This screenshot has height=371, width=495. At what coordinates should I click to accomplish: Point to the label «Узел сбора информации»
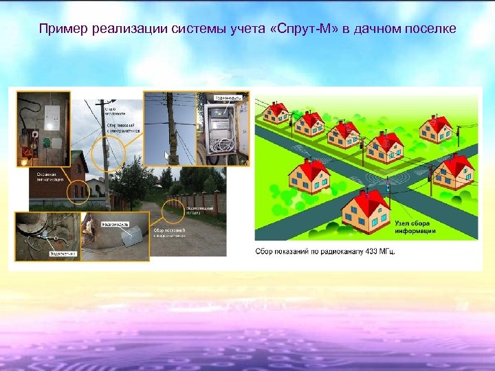coord(415,227)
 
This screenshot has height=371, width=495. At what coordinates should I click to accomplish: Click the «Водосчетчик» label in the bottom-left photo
coord(63,254)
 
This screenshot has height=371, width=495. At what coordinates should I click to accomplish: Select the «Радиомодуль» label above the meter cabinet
coord(226,98)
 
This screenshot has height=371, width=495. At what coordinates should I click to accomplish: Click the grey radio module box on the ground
coord(130,237)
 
